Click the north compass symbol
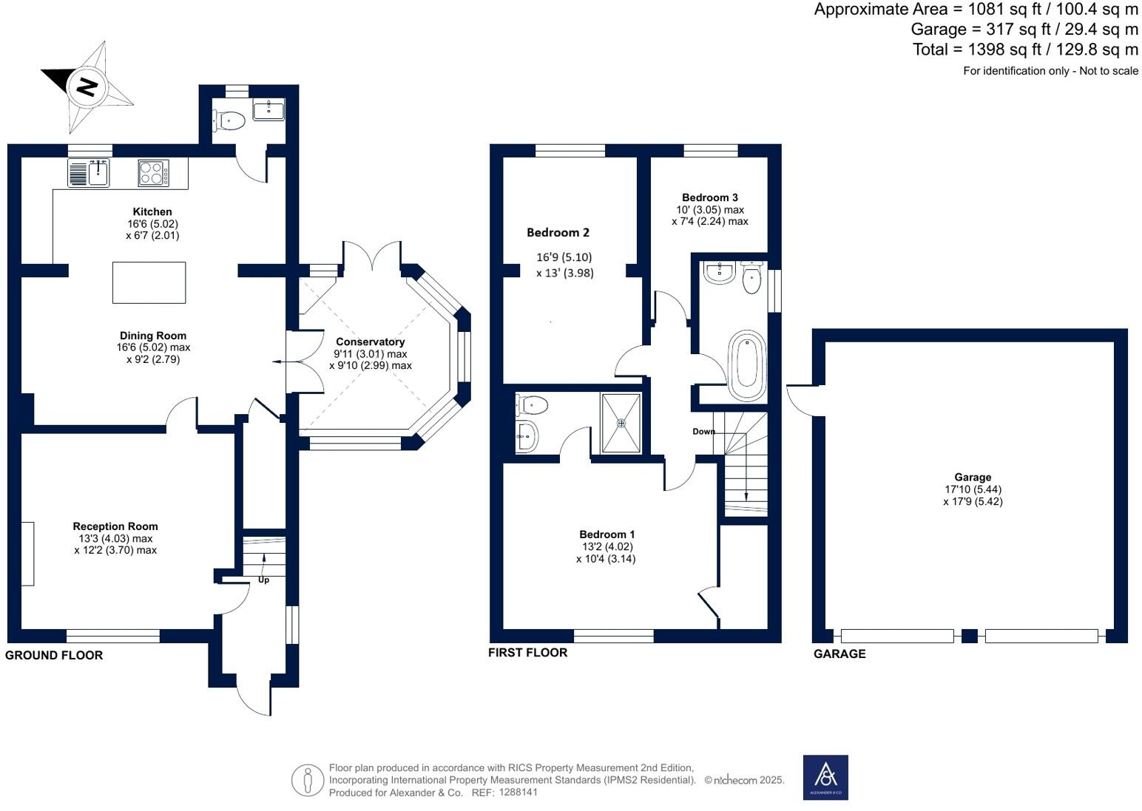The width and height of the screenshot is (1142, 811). [x=87, y=86]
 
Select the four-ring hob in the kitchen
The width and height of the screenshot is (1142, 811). [x=153, y=173]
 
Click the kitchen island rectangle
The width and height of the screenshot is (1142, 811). [x=149, y=282]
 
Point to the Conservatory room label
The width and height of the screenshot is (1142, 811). [x=370, y=342]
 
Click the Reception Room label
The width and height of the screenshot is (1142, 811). [x=115, y=526]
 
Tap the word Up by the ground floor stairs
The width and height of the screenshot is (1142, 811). [x=263, y=580]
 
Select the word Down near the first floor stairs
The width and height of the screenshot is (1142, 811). [x=703, y=432]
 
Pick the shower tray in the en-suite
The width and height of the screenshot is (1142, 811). [x=621, y=423]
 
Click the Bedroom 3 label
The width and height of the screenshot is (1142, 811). [x=709, y=197]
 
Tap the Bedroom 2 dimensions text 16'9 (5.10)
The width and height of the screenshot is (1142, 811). [x=564, y=257]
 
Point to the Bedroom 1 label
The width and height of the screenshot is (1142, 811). [x=607, y=534]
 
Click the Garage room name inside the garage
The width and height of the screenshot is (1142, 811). [x=973, y=477]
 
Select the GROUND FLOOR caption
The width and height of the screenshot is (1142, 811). [x=54, y=655]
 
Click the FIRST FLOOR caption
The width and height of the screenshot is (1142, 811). [x=528, y=653]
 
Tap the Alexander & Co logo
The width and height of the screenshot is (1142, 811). [x=825, y=777]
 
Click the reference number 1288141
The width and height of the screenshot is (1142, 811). [x=518, y=792]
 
